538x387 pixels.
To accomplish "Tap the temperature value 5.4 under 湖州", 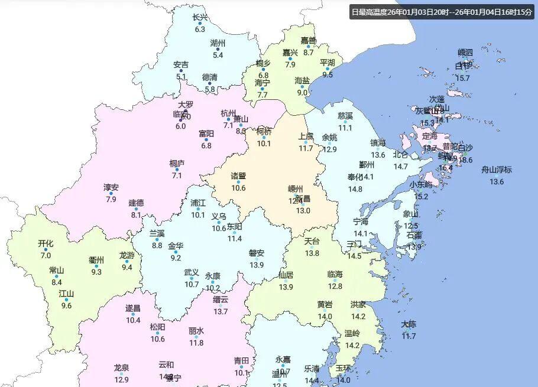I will (x=218, y=55).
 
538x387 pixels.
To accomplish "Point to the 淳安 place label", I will (x=111, y=187).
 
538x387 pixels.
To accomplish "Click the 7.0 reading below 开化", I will (x=46, y=255).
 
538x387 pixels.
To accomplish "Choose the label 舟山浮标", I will (x=497, y=170).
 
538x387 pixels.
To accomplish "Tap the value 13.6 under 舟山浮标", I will (x=497, y=181).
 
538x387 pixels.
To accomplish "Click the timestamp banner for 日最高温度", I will (x=441, y=12).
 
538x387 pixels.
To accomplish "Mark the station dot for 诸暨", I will (x=239, y=182).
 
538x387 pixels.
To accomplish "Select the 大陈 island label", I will (x=409, y=324).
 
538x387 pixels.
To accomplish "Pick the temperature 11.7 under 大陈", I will (x=409, y=336).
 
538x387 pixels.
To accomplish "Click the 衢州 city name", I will (x=96, y=260).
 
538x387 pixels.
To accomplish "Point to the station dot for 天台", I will (x=312, y=248).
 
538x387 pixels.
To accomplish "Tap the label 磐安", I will (x=256, y=253).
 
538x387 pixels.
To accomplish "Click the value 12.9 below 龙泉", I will (x=121, y=379).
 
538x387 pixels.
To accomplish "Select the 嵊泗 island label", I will (x=465, y=53).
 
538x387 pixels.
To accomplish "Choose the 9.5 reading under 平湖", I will (x=328, y=74).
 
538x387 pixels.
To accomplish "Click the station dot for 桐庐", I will (x=177, y=170).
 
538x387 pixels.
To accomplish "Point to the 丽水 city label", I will (x=196, y=331).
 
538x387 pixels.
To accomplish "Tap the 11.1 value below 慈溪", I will (x=345, y=128).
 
